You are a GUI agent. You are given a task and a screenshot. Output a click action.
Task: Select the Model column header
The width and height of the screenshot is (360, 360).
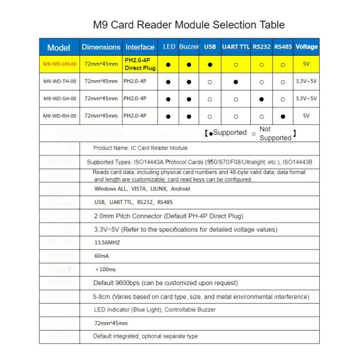coord(59,47)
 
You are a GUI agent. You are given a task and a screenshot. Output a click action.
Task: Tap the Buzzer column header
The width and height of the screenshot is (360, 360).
coord(189,47)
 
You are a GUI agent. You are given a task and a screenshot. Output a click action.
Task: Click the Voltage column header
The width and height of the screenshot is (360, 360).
coord(307,47)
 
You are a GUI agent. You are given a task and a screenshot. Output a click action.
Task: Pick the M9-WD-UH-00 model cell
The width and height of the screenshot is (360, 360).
coord(59,64)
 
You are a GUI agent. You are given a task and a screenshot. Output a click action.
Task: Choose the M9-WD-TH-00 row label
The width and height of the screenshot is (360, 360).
coord(59,81)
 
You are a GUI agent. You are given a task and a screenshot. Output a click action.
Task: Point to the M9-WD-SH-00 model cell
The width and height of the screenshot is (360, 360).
coord(59,98)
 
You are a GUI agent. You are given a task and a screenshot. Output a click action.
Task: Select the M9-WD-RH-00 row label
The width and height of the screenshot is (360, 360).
coord(59,116)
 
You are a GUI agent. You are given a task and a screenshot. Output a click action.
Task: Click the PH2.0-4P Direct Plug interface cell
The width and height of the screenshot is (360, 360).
coord(140,64)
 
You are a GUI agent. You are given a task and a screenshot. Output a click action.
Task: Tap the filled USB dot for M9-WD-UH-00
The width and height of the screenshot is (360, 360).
coord(210,64)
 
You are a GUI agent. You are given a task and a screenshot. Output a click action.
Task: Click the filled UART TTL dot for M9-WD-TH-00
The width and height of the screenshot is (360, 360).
coord(236,82)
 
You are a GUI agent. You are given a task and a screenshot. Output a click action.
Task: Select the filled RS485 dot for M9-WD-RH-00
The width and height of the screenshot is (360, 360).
coord(283,116)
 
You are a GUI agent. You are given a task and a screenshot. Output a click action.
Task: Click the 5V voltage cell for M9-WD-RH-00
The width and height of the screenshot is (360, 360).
coord(307,116)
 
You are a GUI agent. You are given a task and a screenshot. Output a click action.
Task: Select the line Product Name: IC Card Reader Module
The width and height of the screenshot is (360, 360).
coord(140,148)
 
